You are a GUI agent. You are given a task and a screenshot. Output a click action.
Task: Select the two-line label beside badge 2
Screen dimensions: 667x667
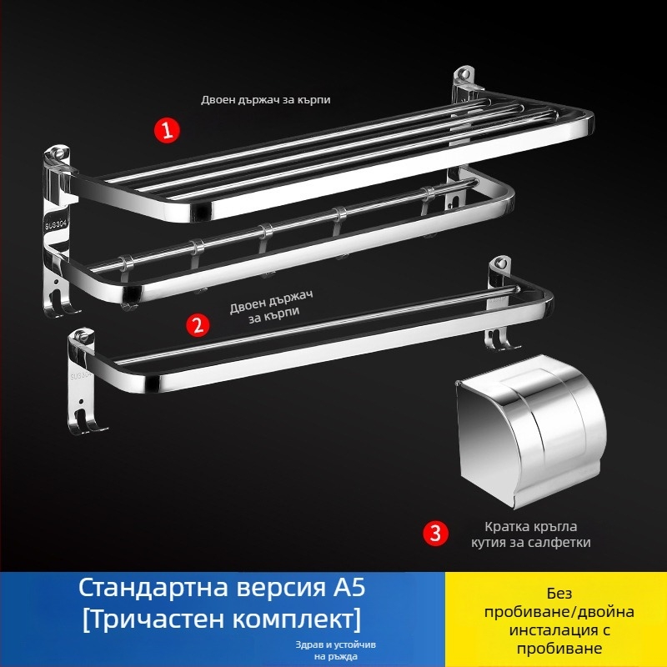pyautogui.click(x=265, y=312)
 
